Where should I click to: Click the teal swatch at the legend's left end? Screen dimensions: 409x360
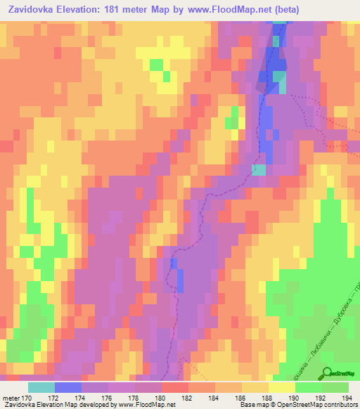[x=41, y=387]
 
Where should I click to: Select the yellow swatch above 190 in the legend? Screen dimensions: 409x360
[x=281, y=387]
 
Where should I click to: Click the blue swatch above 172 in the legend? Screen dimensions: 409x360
[x=67, y=387]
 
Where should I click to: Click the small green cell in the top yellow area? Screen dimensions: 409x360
[x=156, y=65]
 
